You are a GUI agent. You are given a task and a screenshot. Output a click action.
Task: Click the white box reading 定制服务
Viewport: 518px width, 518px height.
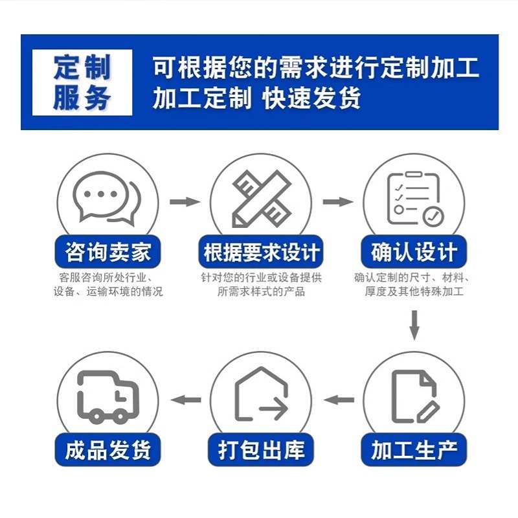(x=82, y=82)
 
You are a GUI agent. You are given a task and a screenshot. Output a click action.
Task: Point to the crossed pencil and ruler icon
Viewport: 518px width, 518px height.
(x=260, y=197)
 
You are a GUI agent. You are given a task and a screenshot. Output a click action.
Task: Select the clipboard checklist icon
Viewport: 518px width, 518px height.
(x=414, y=197)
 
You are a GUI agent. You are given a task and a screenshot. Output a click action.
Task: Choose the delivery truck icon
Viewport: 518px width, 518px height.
(x=107, y=396)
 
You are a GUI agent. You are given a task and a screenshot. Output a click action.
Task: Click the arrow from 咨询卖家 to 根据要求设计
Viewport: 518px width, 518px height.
(x=185, y=202)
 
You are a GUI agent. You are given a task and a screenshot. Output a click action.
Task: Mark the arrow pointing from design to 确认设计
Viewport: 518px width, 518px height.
(x=338, y=202)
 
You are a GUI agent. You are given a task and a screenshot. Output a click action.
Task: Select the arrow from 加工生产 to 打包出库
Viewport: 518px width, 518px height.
(x=338, y=400)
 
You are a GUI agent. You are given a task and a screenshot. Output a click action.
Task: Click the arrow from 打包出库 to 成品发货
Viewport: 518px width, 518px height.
(x=185, y=400)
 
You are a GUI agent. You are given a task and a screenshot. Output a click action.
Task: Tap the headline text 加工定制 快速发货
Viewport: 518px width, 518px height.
(x=256, y=99)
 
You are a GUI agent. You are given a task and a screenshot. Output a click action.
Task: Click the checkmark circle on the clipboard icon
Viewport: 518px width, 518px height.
(x=432, y=215)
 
